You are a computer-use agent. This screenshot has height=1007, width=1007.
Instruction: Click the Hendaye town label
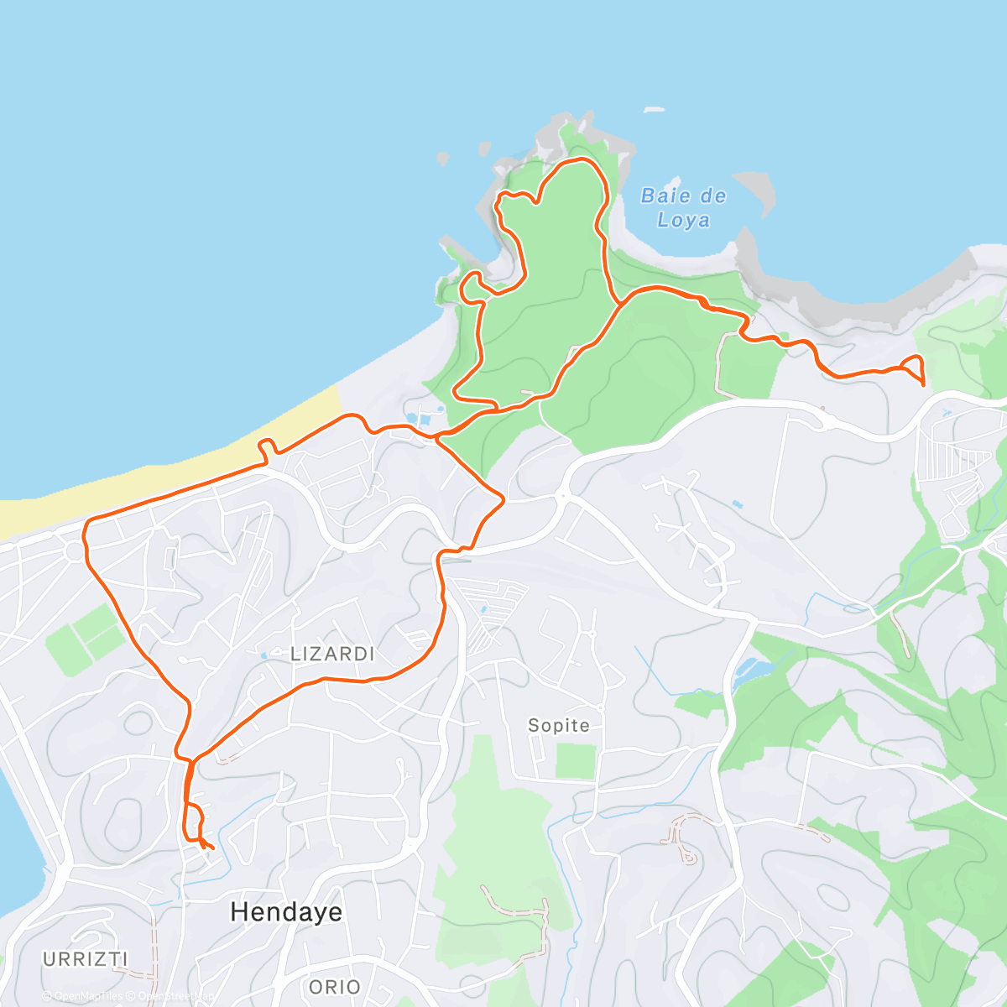pos(286,912)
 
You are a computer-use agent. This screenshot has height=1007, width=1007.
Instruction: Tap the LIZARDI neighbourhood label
pos(332,655)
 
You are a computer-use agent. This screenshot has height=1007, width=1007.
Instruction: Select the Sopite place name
pos(558,725)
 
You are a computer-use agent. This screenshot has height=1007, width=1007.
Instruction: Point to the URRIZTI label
pos(86,958)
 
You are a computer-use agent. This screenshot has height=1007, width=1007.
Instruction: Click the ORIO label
pos(335,987)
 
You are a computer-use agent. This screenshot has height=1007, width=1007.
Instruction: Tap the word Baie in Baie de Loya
pos(660,196)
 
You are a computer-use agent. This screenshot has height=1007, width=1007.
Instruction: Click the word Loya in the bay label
pos(683,221)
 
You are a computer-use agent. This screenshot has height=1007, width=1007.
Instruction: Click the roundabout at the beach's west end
pos(76,551)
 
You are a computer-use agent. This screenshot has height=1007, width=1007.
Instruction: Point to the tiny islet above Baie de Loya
pos(653,109)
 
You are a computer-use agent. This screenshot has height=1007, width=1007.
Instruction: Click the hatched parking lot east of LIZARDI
pos(492,621)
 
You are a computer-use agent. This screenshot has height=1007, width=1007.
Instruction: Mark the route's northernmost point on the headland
pos(576,159)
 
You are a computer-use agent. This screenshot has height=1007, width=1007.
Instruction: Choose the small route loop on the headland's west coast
pos(472,285)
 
